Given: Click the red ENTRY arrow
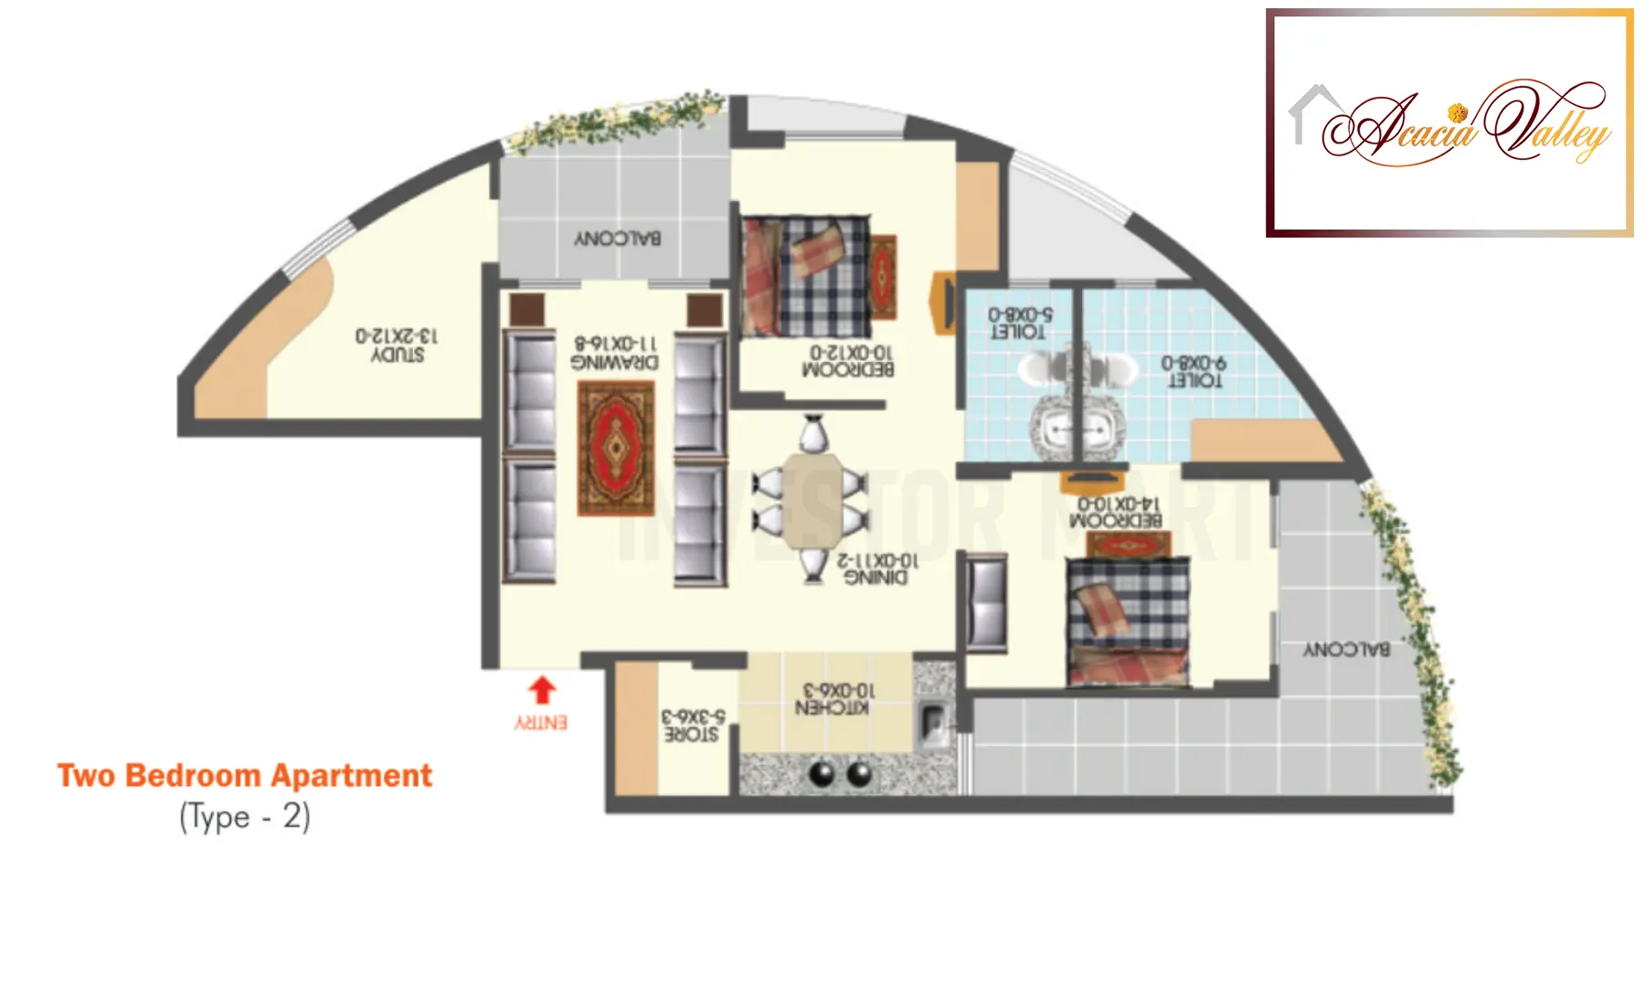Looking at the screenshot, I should [542, 690].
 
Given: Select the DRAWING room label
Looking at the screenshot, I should [614, 363].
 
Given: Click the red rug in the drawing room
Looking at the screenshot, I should [616, 448].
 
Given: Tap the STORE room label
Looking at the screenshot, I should [691, 735].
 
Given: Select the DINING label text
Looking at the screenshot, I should [876, 578].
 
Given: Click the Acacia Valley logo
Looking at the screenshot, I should [1449, 123].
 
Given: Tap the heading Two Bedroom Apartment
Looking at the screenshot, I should [244, 776].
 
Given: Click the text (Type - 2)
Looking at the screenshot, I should [245, 816].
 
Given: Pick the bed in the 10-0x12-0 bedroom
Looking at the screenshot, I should [805, 277].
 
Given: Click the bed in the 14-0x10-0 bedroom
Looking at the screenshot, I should [1129, 621].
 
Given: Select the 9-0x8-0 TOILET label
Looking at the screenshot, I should [1194, 380].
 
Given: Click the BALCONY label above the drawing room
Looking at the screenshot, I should [618, 239].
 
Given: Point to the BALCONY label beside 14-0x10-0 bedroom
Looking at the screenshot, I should [1346, 650].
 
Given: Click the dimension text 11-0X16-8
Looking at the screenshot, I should [615, 343].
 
